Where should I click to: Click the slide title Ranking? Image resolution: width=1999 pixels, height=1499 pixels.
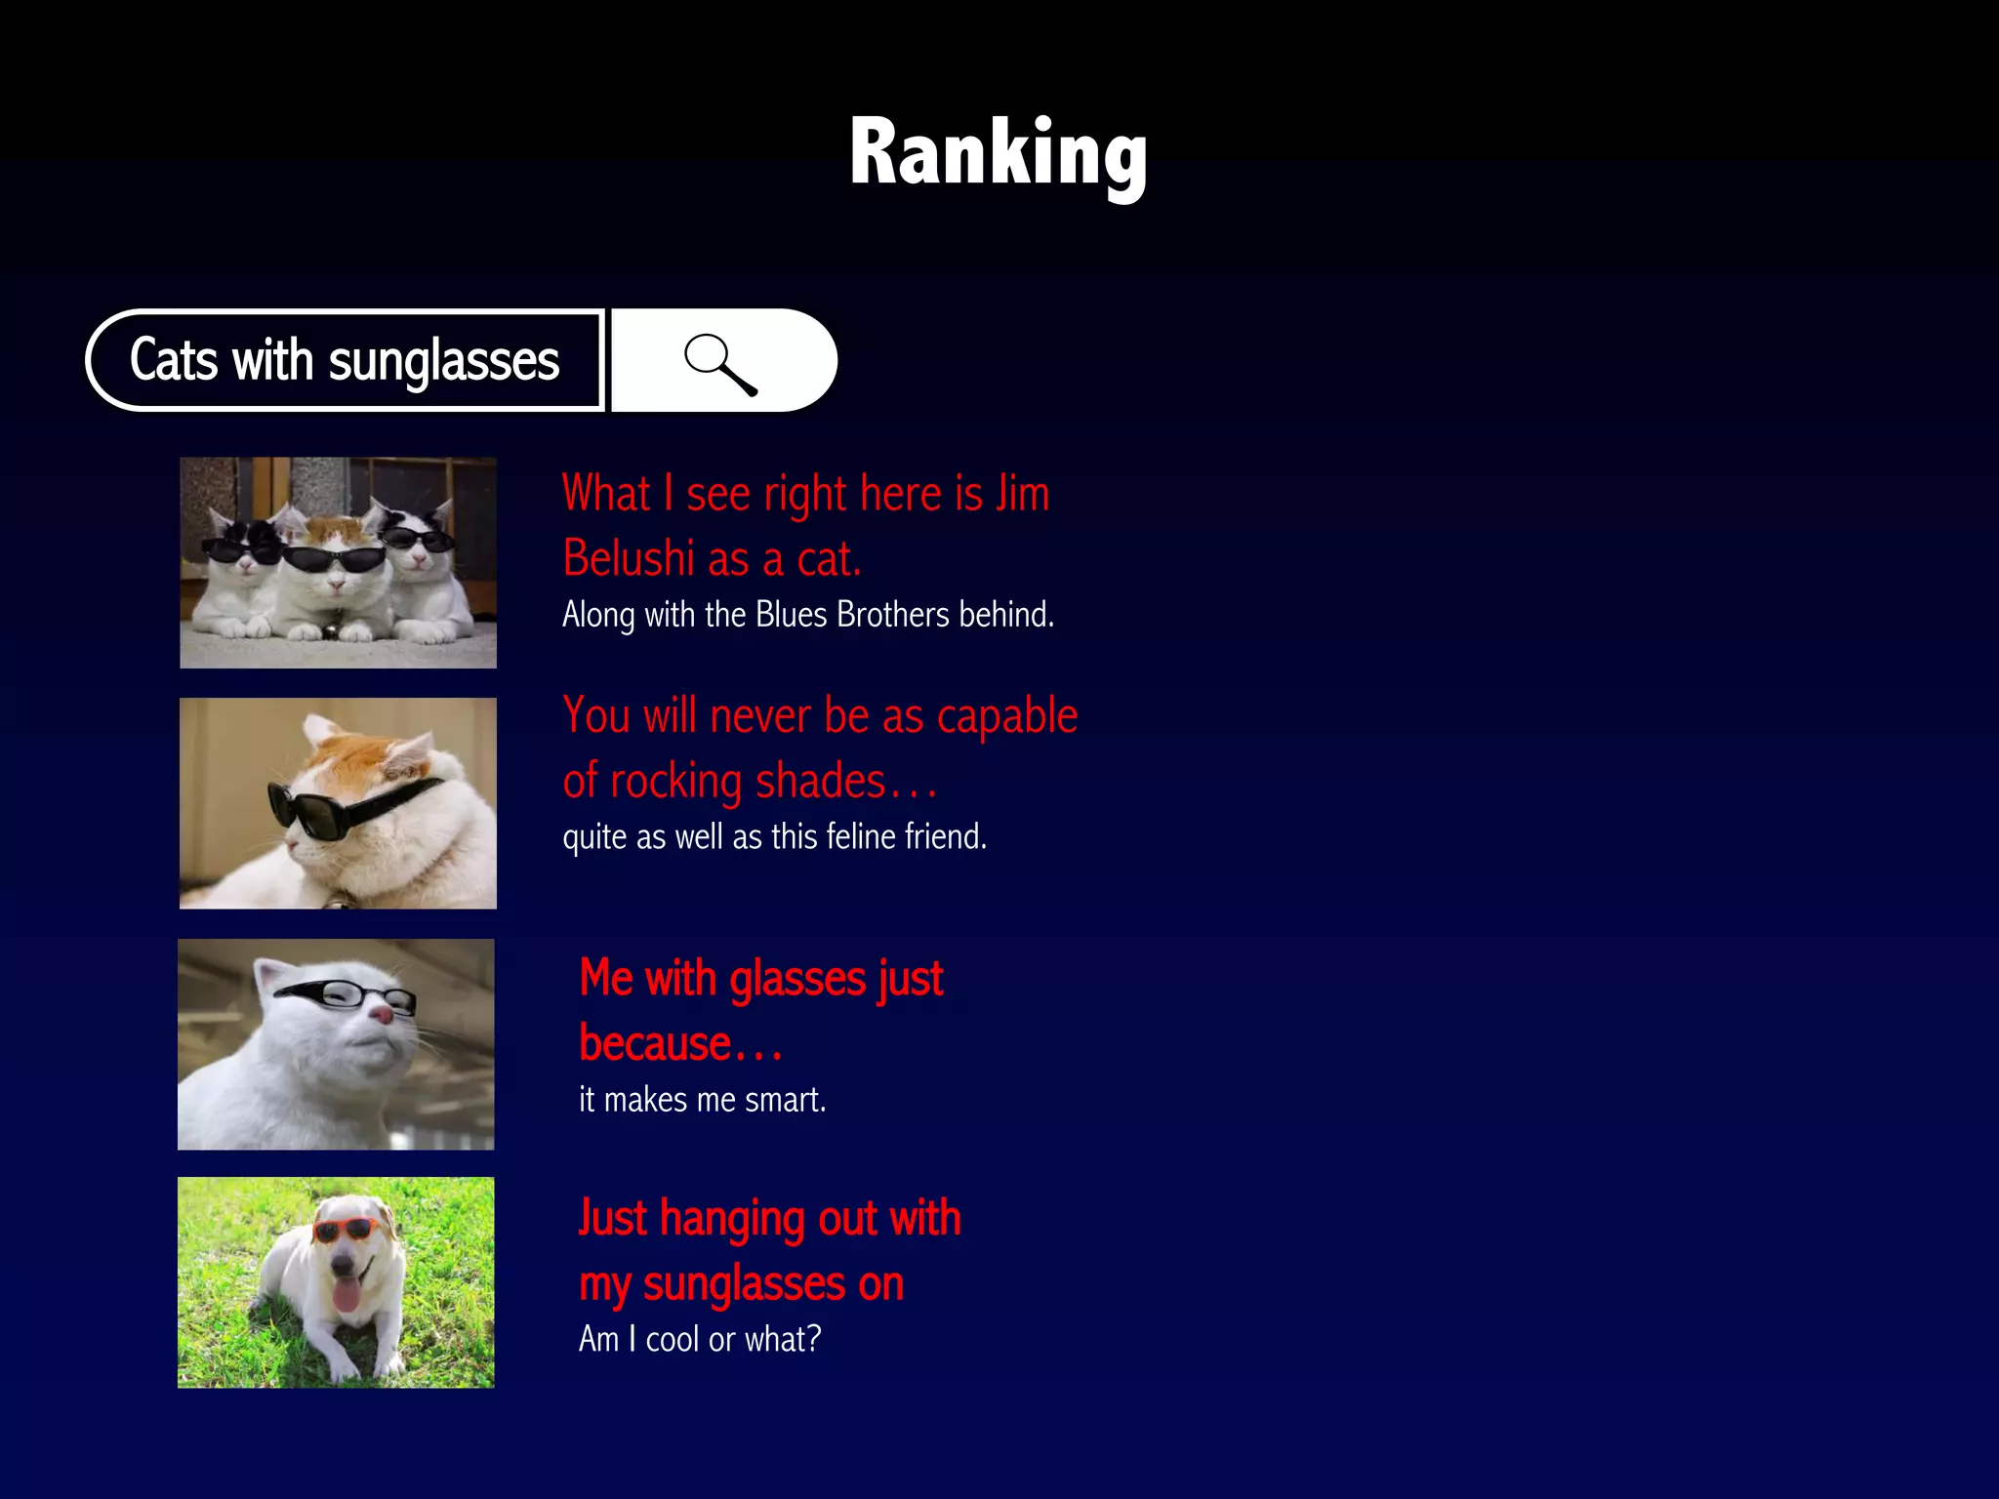998,152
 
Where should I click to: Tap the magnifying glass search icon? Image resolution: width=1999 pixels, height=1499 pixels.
720,363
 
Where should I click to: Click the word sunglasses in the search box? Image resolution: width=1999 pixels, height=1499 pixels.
443,361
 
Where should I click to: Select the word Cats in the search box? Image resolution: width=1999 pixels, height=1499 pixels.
174,359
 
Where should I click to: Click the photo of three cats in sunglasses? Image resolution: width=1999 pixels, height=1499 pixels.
338,563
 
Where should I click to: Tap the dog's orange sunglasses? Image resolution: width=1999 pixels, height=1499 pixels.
347,1229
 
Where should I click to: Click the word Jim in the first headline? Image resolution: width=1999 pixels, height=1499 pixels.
1022,493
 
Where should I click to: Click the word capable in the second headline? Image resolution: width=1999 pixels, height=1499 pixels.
1006,715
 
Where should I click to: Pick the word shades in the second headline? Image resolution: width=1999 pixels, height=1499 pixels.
820,782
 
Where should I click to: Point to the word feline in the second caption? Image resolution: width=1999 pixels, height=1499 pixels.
860,837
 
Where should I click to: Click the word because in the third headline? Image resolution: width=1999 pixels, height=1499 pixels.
655,1043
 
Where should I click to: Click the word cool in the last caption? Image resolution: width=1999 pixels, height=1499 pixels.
673,1339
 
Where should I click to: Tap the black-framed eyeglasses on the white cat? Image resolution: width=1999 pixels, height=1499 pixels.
347,994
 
